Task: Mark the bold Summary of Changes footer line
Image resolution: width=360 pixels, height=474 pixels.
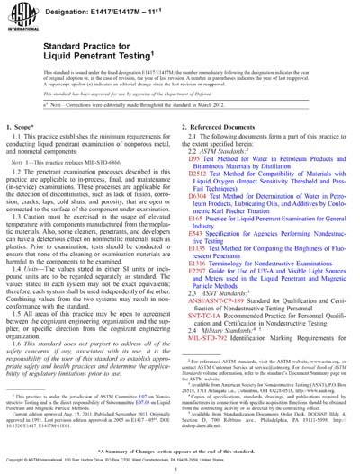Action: coord(180,447)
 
